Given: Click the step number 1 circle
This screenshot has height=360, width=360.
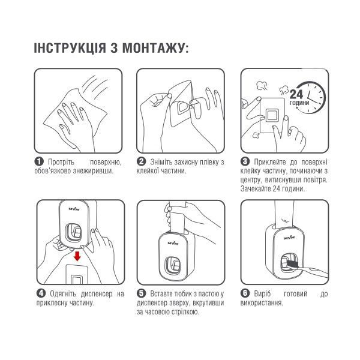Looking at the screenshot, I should [x=39, y=161].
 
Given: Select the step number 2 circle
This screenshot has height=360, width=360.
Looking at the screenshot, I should [x=142, y=161].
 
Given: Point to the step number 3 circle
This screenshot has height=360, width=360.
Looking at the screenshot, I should [x=245, y=161].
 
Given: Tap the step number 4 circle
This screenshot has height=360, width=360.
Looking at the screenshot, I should [x=41, y=293].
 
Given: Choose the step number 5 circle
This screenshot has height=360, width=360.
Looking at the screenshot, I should [x=142, y=293].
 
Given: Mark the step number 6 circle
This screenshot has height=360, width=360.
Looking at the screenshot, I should [x=245, y=293].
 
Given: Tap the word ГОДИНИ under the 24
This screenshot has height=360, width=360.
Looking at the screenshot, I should [x=299, y=103].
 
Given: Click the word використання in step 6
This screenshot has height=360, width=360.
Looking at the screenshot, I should [x=264, y=302].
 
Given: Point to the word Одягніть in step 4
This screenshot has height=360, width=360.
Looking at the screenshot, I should [x=63, y=293].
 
